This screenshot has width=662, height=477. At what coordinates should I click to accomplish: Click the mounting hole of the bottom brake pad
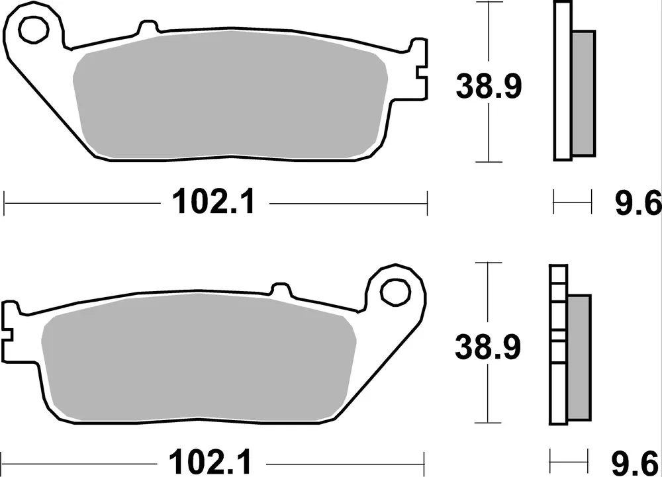(x=396, y=288)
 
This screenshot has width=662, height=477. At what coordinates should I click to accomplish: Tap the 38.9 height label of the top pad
(x=489, y=87)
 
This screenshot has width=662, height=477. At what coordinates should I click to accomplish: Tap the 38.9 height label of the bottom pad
(x=489, y=347)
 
